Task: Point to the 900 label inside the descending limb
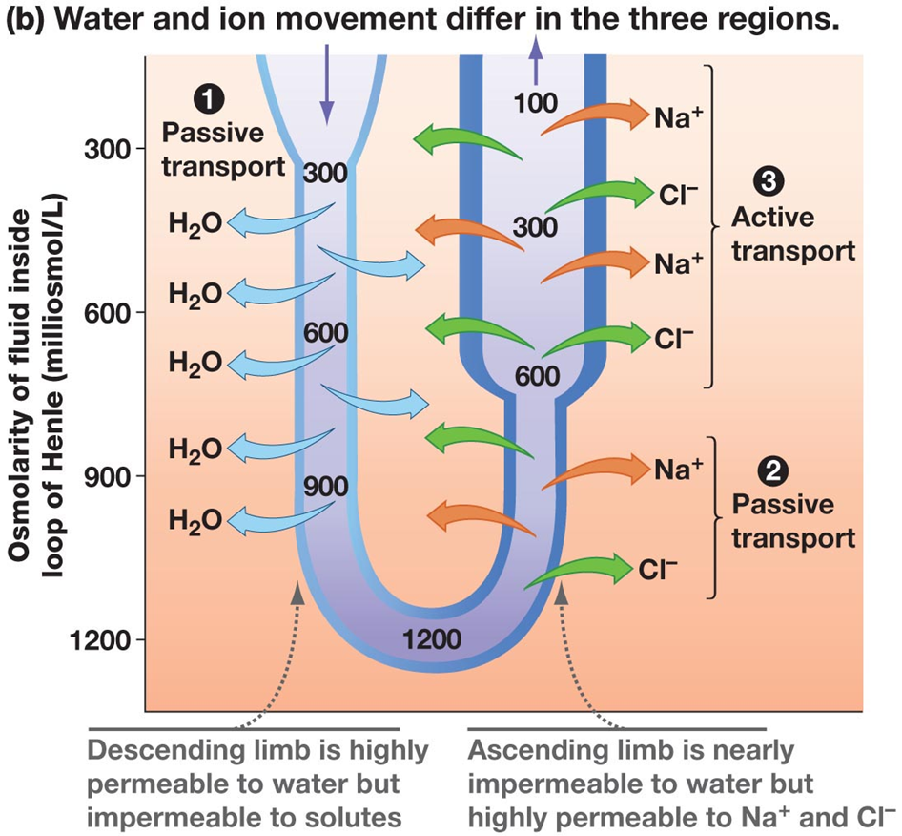coord(326,485)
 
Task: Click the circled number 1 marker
coord(205,98)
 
